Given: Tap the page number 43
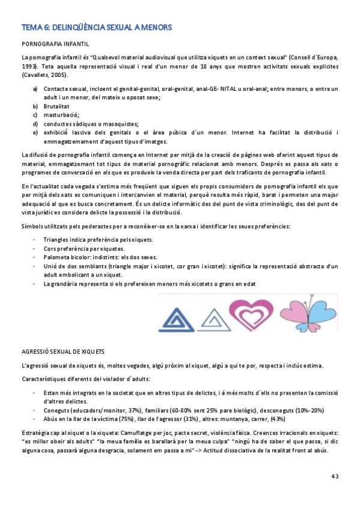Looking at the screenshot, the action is coord(335,476).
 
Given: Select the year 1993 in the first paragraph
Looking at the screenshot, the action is coord(29,65).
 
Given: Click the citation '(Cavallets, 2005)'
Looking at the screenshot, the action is coord(44,75).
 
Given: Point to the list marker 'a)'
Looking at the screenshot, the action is coord(36,88).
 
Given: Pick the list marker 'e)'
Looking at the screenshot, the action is coord(36,132).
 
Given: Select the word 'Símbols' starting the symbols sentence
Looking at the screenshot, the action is coord(32,226).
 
